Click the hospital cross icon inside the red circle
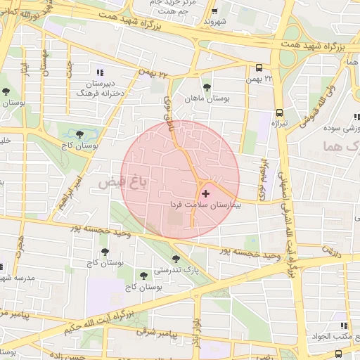coord(205,193)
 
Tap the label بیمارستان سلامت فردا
coord(205,204)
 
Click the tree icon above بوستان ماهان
coord(207,87)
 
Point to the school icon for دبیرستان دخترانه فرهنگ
coord(98,72)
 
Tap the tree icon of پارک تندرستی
coord(176,259)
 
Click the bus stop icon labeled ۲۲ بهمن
coord(259,67)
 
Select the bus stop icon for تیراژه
coord(279,112)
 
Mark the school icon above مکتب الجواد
coord(344,326)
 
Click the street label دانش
coord(331,250)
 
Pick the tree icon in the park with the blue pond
coord(79,133)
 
